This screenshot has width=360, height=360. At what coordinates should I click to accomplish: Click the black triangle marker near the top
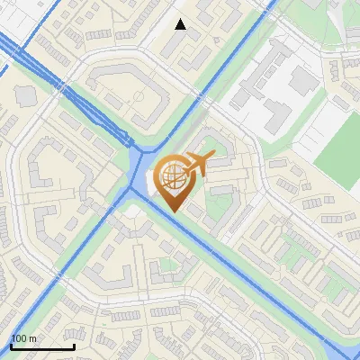[181, 24]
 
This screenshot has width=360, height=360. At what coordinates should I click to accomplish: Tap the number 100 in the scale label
[19, 338]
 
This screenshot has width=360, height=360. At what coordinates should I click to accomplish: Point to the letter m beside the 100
[32, 338]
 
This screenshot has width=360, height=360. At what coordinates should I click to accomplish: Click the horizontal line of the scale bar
[42, 346]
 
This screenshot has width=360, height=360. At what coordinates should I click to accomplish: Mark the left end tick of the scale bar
[11, 345]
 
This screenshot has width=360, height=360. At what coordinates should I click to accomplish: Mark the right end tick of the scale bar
[74, 345]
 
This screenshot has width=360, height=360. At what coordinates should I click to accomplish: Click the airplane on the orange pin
[198, 164]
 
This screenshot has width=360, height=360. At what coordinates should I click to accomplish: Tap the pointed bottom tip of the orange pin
[172, 212]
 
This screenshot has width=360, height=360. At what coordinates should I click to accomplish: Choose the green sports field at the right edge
[340, 148]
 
